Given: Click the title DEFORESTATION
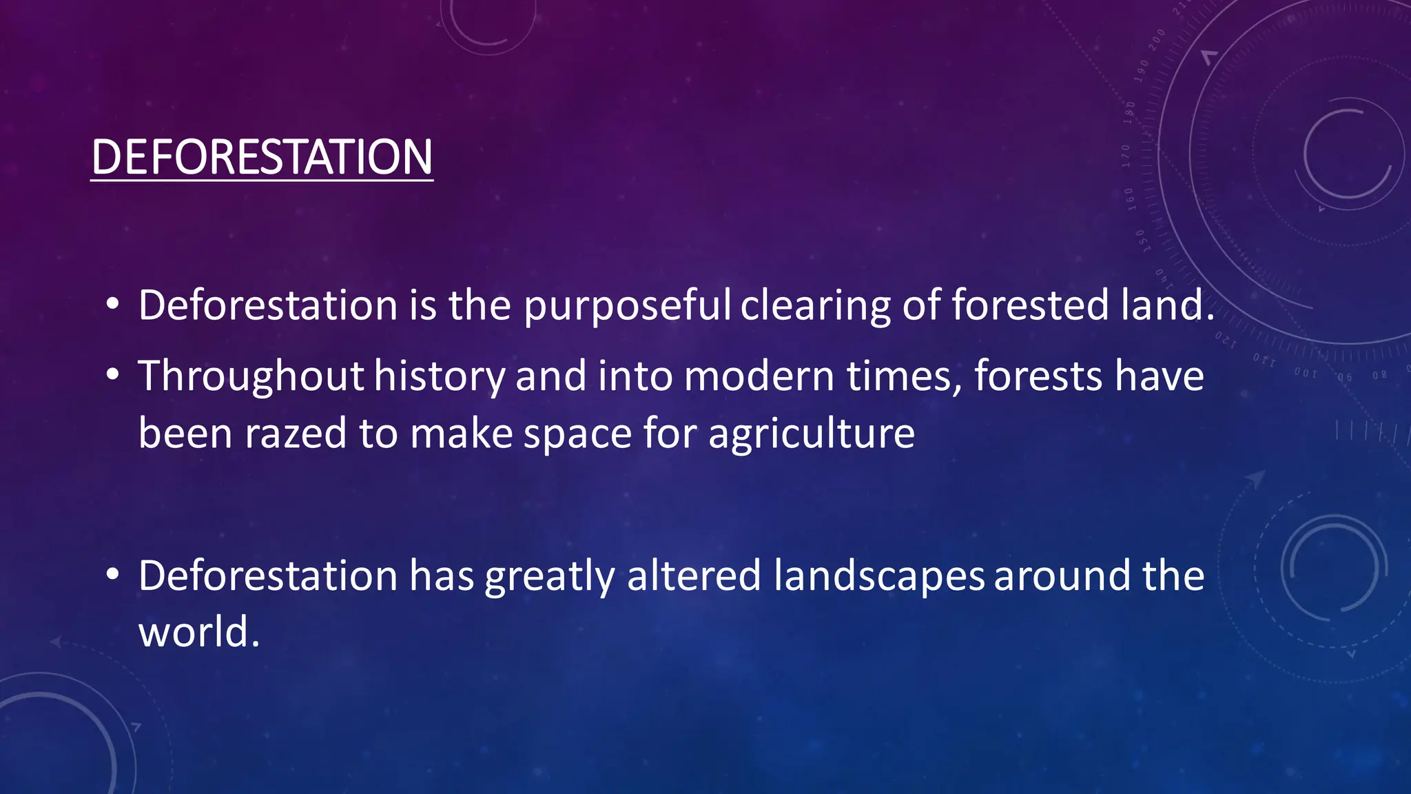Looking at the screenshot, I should point(262,157).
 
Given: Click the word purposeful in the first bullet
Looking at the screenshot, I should point(627,305).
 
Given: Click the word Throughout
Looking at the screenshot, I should point(251,376).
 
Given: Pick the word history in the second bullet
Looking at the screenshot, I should point(440,376).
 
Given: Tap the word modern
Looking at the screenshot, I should point(759,376).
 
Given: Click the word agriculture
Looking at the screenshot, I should point(811,434).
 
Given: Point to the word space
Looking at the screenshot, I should point(577,434).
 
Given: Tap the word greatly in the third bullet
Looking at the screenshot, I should point(549,576).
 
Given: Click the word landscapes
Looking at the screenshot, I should point(878,576).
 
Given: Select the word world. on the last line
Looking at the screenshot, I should point(199,632).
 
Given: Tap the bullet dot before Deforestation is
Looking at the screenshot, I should point(113,304).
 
